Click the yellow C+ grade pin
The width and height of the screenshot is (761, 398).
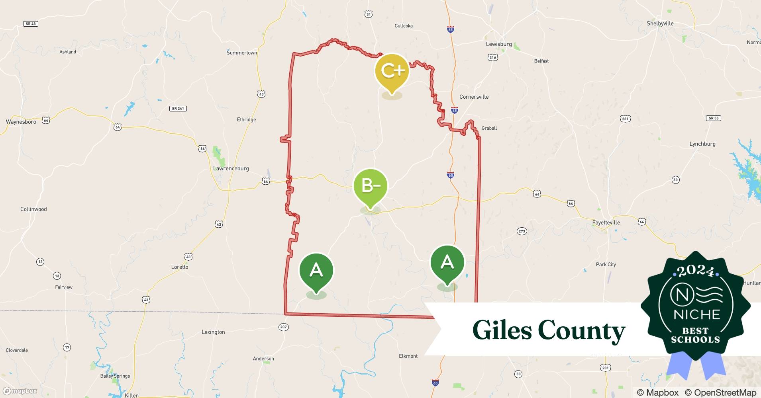pyautogui.click(x=392, y=72)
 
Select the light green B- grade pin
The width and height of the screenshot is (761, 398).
pyautogui.click(x=371, y=186)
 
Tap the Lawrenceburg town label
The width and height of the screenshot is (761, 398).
pyautogui.click(x=231, y=168)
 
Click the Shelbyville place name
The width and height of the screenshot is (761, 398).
pyautogui.click(x=660, y=23)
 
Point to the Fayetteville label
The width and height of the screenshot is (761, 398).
pyautogui.click(x=606, y=222)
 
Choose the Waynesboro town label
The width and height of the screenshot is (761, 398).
pyautogui.click(x=21, y=122)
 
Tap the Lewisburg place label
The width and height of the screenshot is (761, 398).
pyautogui.click(x=499, y=44)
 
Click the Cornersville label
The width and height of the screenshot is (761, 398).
pyautogui.click(x=474, y=97)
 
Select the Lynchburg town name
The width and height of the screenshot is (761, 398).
pyautogui.click(x=702, y=144)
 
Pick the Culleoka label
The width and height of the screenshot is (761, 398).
pyautogui.click(x=404, y=26)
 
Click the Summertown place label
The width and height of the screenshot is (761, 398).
pyautogui.click(x=242, y=53)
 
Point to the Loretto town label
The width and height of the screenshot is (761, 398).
pyautogui.click(x=180, y=267)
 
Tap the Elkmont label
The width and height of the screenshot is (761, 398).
pyautogui.click(x=408, y=356)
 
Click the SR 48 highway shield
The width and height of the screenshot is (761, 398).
pyautogui.click(x=31, y=24)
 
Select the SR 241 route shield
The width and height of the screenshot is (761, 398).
pyautogui.click(x=178, y=109)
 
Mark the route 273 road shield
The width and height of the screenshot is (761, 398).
pyautogui.click(x=522, y=231)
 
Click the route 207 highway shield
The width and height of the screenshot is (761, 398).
pyautogui.click(x=283, y=327)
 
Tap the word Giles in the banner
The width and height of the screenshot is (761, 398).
pyautogui.click(x=502, y=330)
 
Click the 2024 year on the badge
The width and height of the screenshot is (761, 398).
pyautogui.click(x=696, y=271)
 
